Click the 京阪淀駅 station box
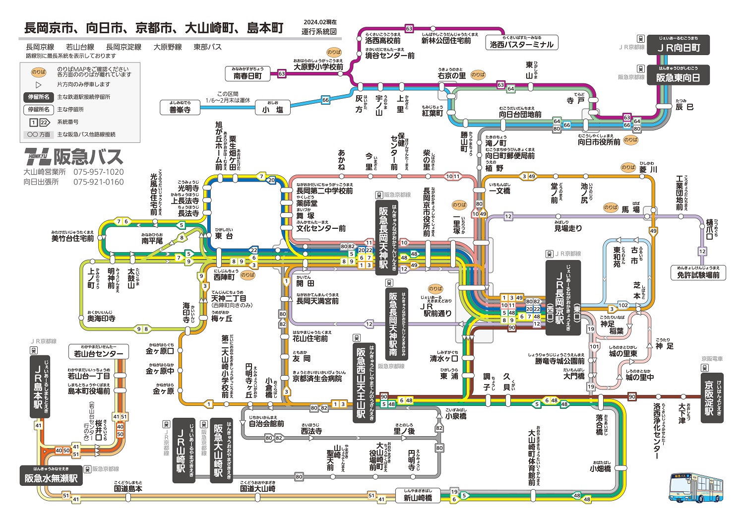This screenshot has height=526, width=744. [x=712, y=397]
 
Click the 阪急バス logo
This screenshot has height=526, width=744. [x=73, y=157]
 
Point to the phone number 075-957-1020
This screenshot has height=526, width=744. [x=99, y=172]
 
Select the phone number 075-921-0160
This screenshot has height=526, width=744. [x=99, y=182]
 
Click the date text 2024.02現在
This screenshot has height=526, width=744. [x=320, y=22]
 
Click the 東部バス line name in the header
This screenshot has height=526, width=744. [x=207, y=47]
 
